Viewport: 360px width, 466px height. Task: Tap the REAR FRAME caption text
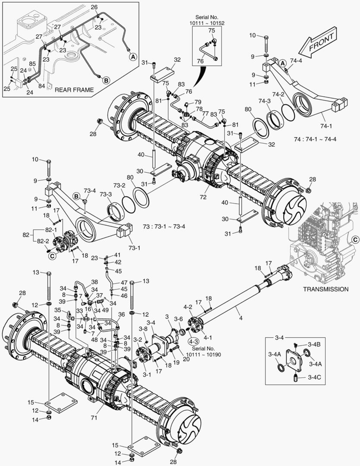74,89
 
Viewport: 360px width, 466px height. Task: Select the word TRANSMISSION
326,289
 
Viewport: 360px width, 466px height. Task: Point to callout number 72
203,197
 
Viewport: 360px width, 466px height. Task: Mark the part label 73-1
124,247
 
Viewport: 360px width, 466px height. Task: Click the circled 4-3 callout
192,340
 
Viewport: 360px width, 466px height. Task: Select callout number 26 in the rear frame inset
94,7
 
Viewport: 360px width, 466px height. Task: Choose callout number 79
198,102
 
